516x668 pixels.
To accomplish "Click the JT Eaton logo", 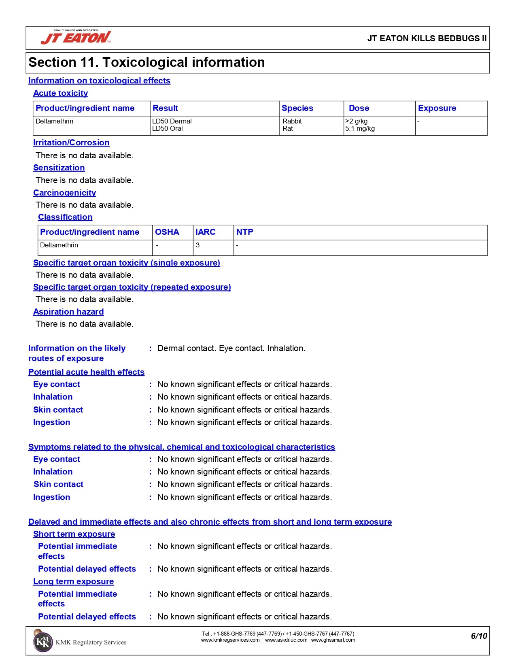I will coord(76,38).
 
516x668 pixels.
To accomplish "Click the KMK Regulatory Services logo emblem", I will coord(42,642).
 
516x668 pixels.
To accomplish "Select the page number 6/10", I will coord(479,636).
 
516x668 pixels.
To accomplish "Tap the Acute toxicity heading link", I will coord(60,93).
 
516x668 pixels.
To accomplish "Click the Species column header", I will coord(297,108).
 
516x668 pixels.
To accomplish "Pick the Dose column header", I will coord(359,108).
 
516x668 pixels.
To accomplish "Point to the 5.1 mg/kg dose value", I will coord(360,129).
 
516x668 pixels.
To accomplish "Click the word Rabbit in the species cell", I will coord(292,121).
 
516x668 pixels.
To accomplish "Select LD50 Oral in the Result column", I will coord(167,129).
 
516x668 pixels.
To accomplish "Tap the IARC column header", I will coord(205,232).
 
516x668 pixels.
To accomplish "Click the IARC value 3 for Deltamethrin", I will coord(197,245).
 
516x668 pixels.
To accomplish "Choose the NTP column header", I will coord(244,232).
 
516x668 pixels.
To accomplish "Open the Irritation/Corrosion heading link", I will coord(71,143).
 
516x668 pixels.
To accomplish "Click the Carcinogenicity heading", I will coord(64,193).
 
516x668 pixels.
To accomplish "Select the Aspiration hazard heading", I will coord(68,312).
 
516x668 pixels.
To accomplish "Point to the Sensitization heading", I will coord(59,168).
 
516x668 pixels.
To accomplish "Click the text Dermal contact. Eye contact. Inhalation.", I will coord(231,348).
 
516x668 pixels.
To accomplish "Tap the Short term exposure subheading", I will coord(74,534).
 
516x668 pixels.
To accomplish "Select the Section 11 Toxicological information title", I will coord(147,62).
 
